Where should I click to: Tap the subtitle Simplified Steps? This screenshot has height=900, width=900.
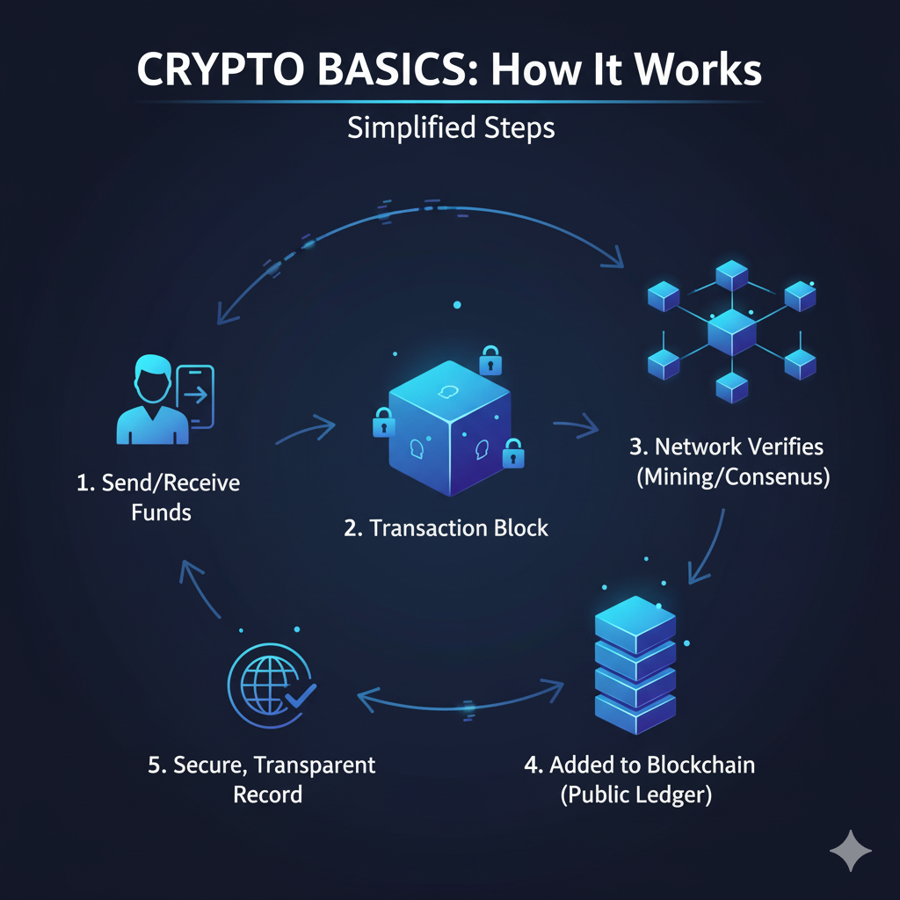pos(450,128)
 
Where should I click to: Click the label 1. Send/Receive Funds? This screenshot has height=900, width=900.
pos(158,497)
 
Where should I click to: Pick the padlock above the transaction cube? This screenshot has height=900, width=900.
pos(490,359)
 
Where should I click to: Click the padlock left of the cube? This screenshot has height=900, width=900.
pos(383,422)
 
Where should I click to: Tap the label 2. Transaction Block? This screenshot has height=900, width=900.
pos(446,528)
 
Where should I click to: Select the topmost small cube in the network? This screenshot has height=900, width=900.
pos(731,276)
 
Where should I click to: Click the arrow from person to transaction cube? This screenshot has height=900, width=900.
pos(305,431)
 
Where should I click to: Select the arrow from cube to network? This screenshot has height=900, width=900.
pos(576,429)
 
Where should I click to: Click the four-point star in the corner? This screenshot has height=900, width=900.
pos(850,850)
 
